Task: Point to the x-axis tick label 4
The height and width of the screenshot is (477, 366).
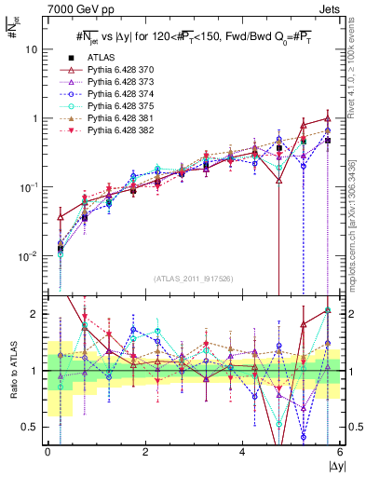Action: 243,454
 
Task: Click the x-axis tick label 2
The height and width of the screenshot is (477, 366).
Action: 145,454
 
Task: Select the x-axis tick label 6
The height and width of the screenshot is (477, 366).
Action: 340,454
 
